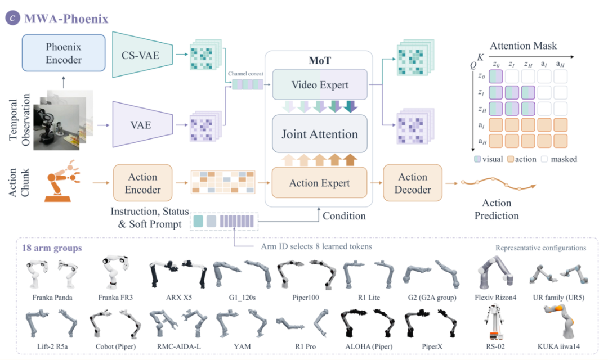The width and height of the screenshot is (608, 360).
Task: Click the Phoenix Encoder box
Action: (x=64, y=53)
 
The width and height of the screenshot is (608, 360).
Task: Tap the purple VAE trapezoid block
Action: (x=142, y=124)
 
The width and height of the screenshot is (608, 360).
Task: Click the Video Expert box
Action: (x=320, y=84)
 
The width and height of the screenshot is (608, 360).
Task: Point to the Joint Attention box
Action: (x=320, y=134)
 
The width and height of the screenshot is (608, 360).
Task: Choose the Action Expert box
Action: (x=320, y=182)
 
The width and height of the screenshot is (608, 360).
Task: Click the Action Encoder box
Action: (x=142, y=183)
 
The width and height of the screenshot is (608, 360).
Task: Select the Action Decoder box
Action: (x=413, y=183)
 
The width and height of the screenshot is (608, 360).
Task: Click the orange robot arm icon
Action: (x=61, y=181)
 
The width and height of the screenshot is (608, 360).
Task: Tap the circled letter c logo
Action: (x=12, y=18)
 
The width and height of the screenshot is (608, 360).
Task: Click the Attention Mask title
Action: (x=523, y=46)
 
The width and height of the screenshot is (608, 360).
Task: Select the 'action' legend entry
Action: (x=522, y=159)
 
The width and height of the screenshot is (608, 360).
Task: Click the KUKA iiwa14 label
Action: (x=559, y=346)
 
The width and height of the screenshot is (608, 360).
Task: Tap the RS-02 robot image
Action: (x=495, y=322)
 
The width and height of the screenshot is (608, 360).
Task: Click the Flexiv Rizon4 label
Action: (x=495, y=298)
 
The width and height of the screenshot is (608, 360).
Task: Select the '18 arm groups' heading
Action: (x=52, y=248)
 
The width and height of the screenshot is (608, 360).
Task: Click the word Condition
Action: (x=344, y=216)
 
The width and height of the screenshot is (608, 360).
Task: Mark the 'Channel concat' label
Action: (x=245, y=74)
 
